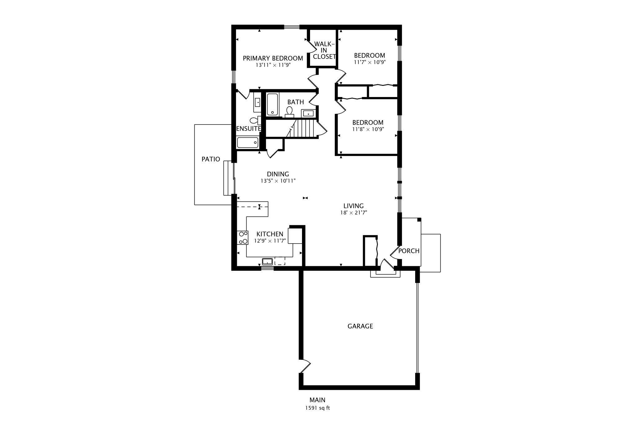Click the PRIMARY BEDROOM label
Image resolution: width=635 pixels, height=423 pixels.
click(273, 58)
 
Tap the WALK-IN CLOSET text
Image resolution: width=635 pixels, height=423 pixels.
click(324, 50)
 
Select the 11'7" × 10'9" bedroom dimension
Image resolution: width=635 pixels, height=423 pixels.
click(369, 62)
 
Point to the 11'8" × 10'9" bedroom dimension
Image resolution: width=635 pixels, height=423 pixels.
click(368, 129)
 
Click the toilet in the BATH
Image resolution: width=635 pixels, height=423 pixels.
click(290, 112)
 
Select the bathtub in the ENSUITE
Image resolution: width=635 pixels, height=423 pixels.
click(247, 143)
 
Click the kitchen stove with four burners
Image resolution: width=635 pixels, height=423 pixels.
click(242, 238)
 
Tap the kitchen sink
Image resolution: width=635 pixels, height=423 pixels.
click(267, 262)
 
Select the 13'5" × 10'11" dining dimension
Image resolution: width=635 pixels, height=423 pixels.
click(278, 181)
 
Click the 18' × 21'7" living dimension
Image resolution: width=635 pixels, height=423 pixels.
click(353, 213)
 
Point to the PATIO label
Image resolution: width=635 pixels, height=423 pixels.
click(211, 159)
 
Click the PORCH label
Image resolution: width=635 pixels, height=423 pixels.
click(409, 251)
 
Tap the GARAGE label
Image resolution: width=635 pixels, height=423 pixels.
click(360, 326)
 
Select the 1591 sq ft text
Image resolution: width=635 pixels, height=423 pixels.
click(317, 408)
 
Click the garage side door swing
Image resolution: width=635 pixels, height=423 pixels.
click(305, 367)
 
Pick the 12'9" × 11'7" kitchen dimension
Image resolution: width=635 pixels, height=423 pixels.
click(270, 241)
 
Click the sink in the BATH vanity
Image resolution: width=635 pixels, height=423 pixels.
click(308, 113)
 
